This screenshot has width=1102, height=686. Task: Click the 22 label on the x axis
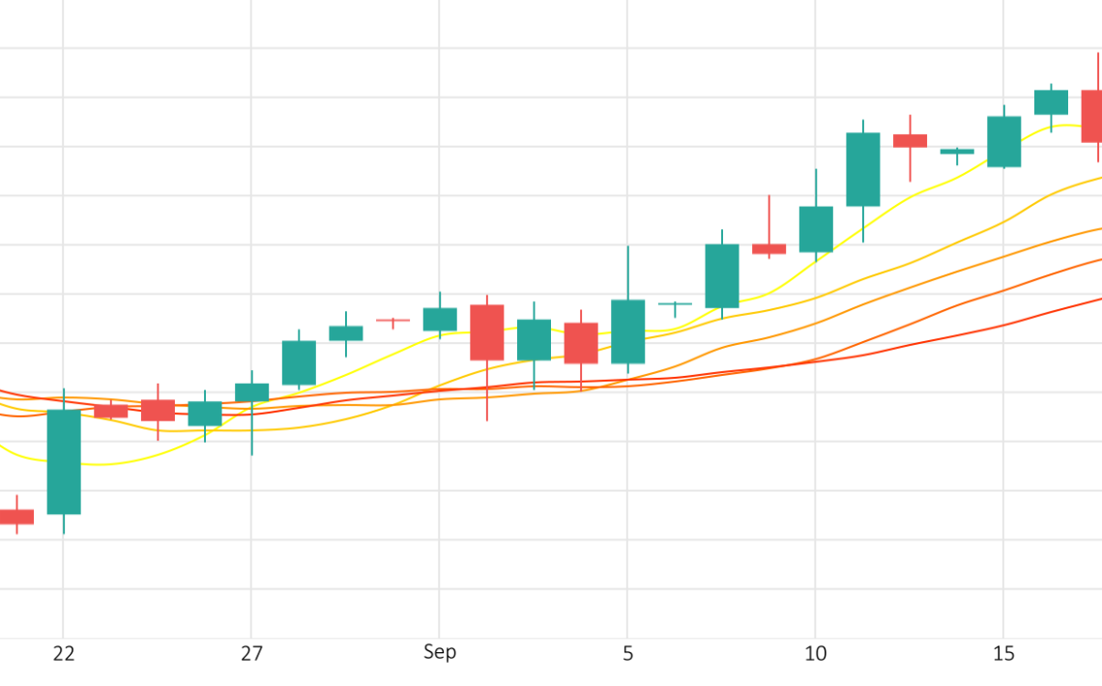click(64, 654)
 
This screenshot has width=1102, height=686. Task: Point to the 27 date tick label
click(251, 654)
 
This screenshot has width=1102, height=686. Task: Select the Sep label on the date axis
click(440, 652)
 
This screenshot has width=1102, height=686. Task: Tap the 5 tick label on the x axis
click(627, 654)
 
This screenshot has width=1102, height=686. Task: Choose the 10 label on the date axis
click(816, 654)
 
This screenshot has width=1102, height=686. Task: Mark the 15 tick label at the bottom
click(1003, 654)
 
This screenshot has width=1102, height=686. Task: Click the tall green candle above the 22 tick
click(64, 462)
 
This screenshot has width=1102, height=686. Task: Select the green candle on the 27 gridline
click(251, 392)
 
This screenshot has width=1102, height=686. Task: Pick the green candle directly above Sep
click(440, 319)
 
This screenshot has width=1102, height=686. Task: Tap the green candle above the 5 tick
click(627, 331)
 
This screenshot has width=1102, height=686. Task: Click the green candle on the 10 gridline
click(816, 229)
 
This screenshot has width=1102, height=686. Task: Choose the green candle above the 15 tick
click(1003, 142)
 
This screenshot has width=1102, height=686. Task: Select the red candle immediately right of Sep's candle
click(486, 332)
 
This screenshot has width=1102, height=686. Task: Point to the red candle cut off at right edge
click(1091, 116)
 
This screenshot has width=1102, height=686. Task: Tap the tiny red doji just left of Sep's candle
click(392, 320)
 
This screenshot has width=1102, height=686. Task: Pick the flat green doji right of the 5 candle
click(675, 303)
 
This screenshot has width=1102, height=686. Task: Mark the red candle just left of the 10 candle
click(768, 248)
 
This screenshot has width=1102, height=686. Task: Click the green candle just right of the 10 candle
click(862, 169)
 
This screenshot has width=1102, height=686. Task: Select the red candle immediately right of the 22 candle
click(110, 411)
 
